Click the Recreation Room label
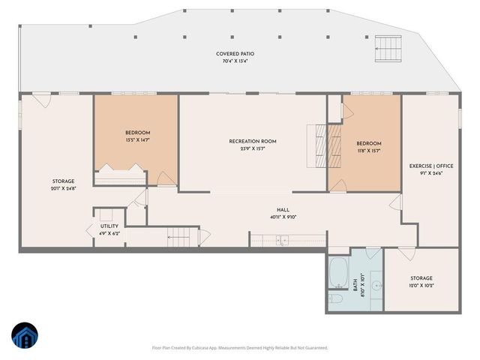(253, 141)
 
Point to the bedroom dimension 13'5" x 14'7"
(137, 139)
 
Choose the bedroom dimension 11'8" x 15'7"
(368, 150)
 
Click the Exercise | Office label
(430, 166)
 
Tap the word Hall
(283, 211)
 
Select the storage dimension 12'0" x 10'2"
(421, 285)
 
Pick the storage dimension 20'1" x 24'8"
(63, 187)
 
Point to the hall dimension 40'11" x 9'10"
(283, 217)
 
